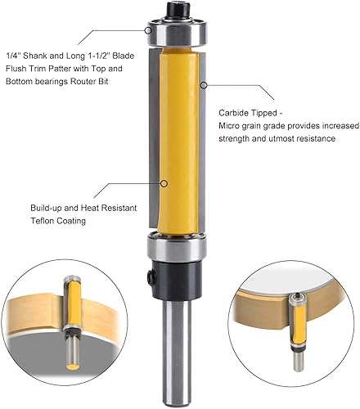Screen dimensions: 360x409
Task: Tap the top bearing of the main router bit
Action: [x=177, y=32]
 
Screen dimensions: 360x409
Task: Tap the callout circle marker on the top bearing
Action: [x=148, y=30]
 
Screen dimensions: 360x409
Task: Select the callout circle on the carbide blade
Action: [x=204, y=85]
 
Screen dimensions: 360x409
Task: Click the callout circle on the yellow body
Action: [x=164, y=184]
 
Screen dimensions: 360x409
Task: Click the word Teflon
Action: [x=43, y=220]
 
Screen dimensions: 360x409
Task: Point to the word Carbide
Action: [x=234, y=113]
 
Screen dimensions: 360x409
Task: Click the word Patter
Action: [x=59, y=69]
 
